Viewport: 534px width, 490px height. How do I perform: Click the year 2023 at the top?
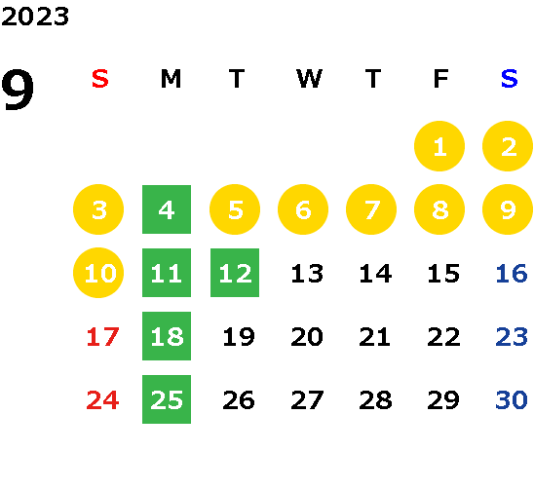[35, 17]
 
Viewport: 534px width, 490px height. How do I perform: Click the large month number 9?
[18, 89]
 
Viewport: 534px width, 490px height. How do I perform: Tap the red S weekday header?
[100, 79]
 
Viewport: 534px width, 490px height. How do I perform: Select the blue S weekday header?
[509, 79]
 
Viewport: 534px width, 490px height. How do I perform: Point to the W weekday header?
[309, 79]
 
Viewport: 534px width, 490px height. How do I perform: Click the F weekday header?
[440, 79]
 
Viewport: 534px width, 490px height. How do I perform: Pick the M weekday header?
[171, 79]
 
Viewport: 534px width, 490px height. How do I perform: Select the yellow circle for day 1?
[439, 146]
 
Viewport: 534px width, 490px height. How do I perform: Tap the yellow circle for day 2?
[508, 146]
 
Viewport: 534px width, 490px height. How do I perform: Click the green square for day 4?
[167, 209]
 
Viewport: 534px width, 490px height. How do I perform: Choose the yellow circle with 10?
[98, 273]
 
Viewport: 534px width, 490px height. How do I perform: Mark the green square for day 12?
[235, 273]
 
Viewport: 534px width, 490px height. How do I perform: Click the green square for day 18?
[167, 336]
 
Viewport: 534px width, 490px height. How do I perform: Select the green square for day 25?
[167, 399]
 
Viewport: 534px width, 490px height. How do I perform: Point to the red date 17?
[103, 336]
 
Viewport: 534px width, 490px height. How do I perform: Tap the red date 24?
[103, 399]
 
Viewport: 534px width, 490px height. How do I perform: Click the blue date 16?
[512, 273]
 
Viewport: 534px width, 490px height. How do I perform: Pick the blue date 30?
[512, 399]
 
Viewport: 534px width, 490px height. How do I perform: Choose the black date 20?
[307, 336]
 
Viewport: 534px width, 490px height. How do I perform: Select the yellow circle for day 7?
[371, 209]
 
